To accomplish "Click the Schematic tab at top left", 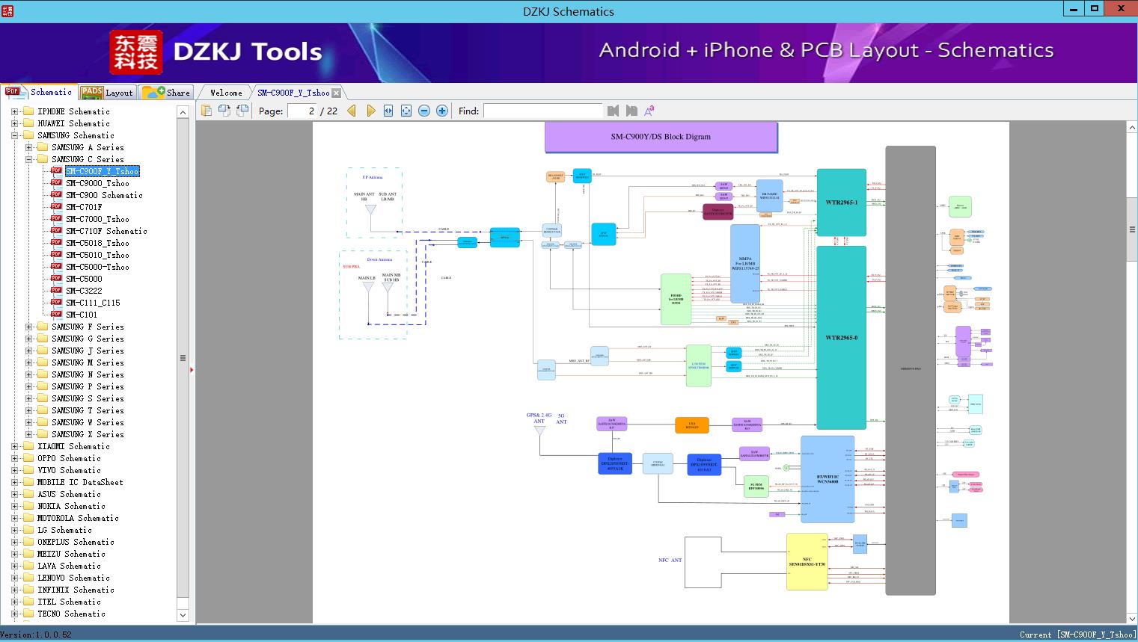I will (x=40, y=92).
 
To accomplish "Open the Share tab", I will (x=167, y=93).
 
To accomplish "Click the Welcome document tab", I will (x=225, y=93).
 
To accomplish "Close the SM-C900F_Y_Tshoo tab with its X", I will (x=337, y=93).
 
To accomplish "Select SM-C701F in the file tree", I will (x=84, y=207).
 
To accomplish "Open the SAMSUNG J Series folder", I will (x=88, y=351).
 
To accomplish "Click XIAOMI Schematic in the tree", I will (x=73, y=446).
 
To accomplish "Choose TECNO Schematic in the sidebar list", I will (x=71, y=614).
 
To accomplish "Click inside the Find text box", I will (x=542, y=111).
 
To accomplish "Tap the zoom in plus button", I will (x=442, y=111).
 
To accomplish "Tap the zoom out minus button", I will (x=424, y=111).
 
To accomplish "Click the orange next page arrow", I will (x=370, y=111).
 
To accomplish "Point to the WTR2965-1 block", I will (x=841, y=203).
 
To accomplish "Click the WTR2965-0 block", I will (x=841, y=337).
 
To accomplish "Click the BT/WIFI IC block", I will (x=827, y=479).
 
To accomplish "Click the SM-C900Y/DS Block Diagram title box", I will (x=661, y=137).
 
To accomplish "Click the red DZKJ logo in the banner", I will (x=136, y=52).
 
